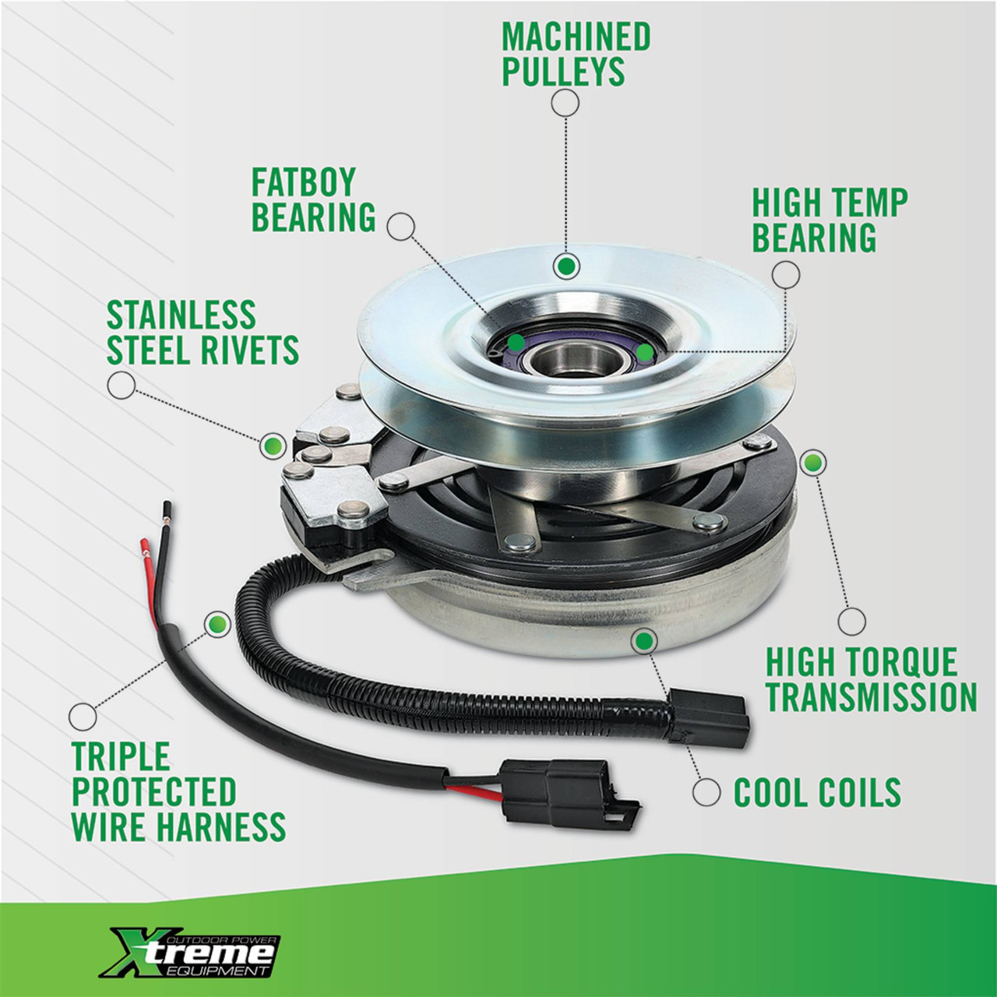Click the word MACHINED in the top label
coord(576,37)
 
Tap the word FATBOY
coord(304,181)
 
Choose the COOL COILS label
coord(818,791)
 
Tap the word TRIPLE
coord(121,756)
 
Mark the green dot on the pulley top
coord(566,267)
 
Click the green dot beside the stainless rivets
coord(273,445)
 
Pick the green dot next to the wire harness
coord(218,623)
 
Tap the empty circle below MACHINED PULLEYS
coord(565,103)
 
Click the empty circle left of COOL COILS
coord(706,791)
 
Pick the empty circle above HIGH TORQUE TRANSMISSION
coord(851,621)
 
